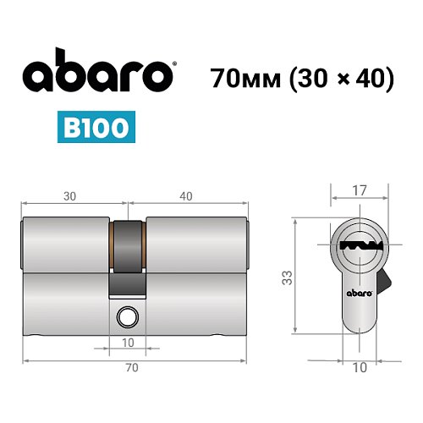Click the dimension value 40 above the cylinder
click(x=186, y=195)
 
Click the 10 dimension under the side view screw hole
click(x=128, y=342)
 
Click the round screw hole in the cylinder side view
click(x=128, y=316)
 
